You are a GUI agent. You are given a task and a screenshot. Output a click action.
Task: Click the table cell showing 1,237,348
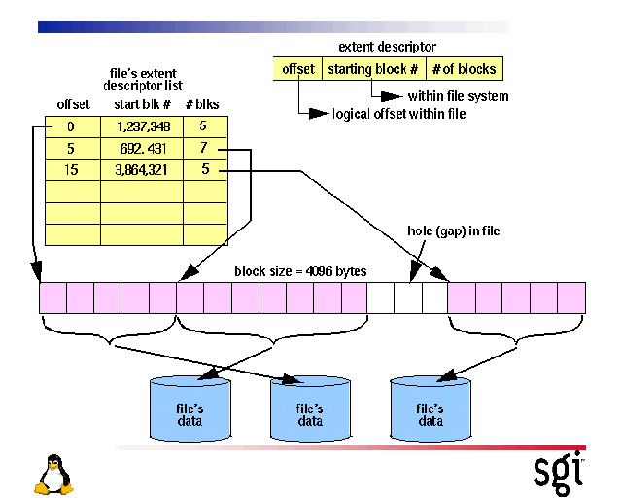pos(142,125)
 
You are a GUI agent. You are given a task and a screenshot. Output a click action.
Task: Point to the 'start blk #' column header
pos(142,104)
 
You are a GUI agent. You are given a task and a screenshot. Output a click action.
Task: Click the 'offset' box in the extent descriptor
pos(297,69)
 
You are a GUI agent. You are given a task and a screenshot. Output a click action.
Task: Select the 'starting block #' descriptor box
pos(373,69)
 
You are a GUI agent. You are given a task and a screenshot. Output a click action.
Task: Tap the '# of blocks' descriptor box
pos(465,69)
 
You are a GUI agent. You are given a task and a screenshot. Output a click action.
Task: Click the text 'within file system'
pos(458,96)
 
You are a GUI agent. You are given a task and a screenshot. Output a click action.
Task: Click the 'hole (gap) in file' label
pos(454,231)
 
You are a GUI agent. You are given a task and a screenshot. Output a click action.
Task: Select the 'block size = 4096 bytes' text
pos(300,271)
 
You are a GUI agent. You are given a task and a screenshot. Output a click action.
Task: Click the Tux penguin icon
pos(53,475)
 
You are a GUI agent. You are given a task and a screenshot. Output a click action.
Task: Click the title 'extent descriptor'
pos(387,46)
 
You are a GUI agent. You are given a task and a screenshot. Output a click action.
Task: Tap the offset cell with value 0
pos(72,125)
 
